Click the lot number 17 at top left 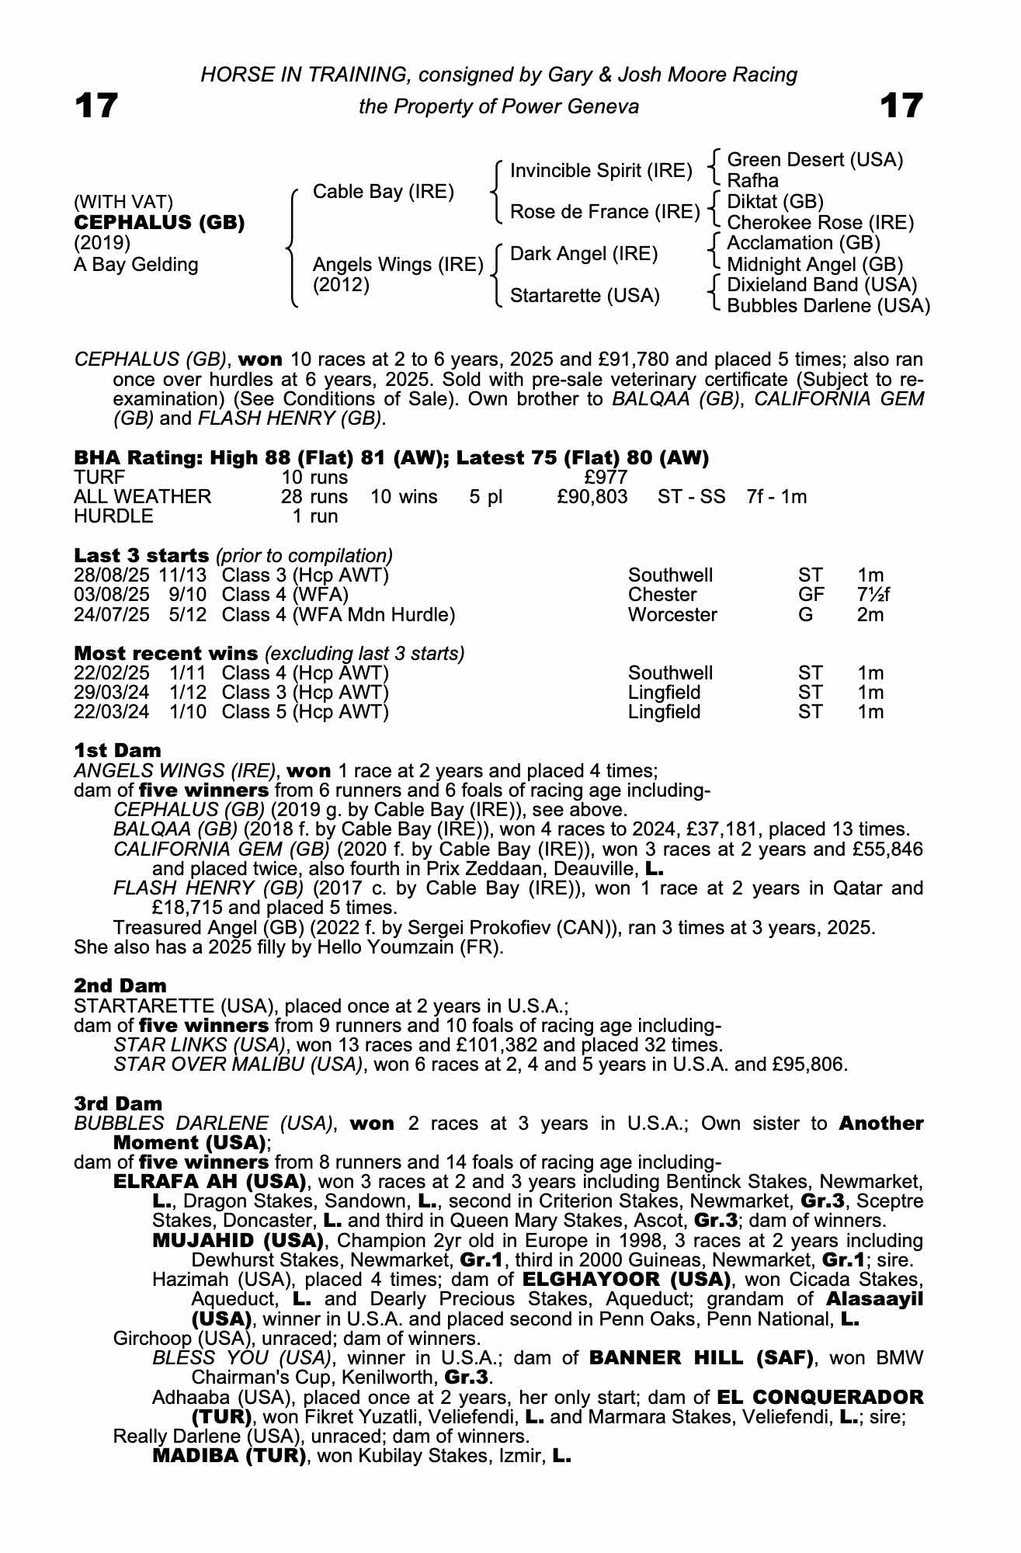coord(96,106)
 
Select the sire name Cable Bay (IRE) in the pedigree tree coord(383,192)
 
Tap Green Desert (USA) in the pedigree coord(814,160)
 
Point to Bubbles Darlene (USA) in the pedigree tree coord(828,306)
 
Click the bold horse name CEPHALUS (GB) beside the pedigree coord(159,223)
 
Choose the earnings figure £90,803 coord(592,497)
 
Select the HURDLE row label coord(113,516)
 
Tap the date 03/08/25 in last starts coord(111,595)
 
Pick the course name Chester coord(662,595)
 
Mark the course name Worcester coord(672,615)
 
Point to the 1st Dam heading coord(117,750)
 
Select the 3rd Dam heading coord(118,1103)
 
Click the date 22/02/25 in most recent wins coord(111,673)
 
